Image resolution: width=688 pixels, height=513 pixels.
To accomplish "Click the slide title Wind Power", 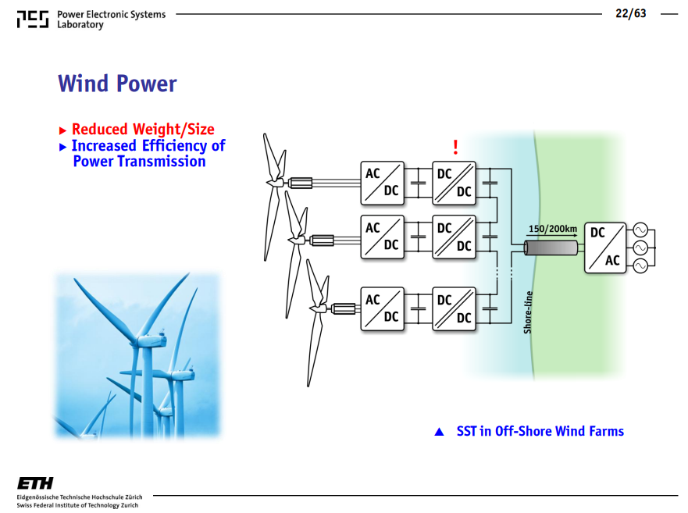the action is tap(117, 84).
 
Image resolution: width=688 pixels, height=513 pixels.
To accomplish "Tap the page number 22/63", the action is tap(630, 13).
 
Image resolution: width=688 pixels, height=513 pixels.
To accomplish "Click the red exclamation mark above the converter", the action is tap(455, 147).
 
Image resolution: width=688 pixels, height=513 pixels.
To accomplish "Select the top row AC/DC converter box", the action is tap(382, 183).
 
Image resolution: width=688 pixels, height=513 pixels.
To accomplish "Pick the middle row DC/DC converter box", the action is tap(455, 237).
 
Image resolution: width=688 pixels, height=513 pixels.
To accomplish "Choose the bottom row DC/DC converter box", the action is tap(455, 309).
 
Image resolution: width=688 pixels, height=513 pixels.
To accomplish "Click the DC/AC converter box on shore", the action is tap(605, 248).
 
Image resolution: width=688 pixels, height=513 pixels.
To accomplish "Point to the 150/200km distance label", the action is tap(552, 229).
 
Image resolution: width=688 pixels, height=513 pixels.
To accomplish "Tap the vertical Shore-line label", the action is tap(528, 312).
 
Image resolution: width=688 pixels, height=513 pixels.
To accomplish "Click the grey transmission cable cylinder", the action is tap(551, 248).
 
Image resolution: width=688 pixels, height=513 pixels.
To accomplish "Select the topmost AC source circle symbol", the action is tap(640, 230).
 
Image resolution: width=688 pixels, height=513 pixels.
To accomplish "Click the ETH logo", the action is tap(35, 483).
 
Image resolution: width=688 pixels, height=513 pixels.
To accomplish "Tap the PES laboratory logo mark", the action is tap(33, 20).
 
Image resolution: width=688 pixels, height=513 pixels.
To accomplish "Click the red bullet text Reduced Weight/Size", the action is tap(143, 130).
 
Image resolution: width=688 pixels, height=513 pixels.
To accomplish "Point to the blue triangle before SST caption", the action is tap(439, 432).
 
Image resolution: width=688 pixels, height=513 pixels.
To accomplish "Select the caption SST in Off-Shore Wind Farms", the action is tap(540, 431).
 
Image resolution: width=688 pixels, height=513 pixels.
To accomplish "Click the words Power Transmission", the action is tap(139, 162).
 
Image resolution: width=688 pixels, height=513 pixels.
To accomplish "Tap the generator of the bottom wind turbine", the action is tap(344, 309).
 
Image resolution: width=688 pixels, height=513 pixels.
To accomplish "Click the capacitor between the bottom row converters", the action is tap(418, 309).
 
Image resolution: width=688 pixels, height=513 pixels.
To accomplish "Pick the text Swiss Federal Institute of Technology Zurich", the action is tap(77, 505).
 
